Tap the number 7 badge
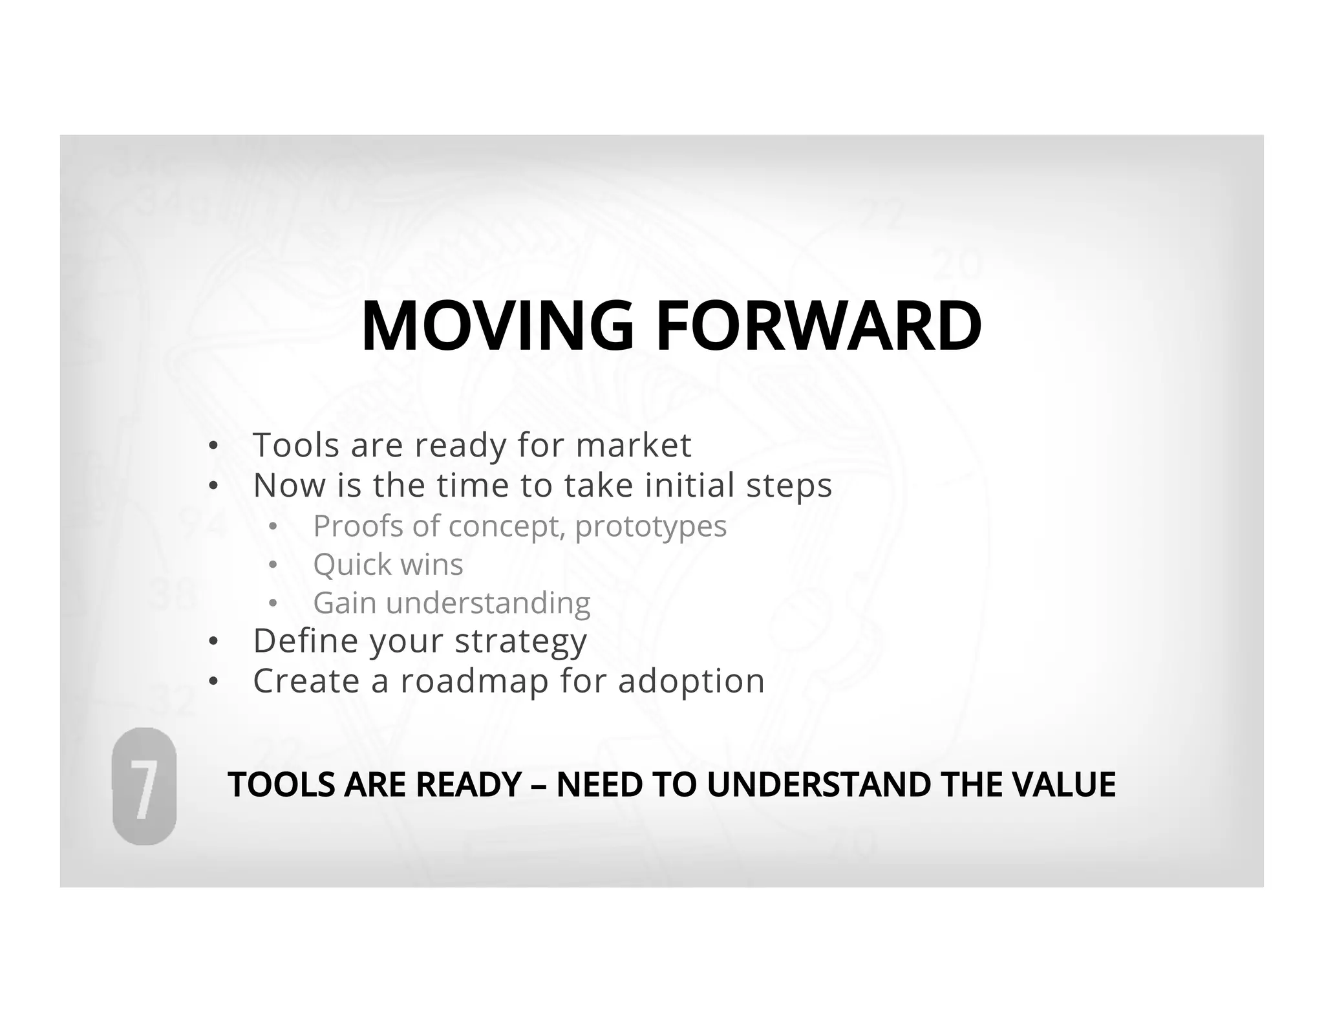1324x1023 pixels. click(144, 786)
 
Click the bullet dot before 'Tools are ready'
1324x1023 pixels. click(213, 446)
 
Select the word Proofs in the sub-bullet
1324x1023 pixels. click(358, 526)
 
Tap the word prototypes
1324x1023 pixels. click(650, 527)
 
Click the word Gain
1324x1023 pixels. click(345, 603)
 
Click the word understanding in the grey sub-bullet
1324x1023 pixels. click(488, 604)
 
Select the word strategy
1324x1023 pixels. click(520, 642)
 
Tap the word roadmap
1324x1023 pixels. click(475, 682)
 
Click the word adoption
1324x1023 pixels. click(691, 682)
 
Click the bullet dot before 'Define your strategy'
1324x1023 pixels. click(213, 642)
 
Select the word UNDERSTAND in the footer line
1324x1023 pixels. click(818, 784)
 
